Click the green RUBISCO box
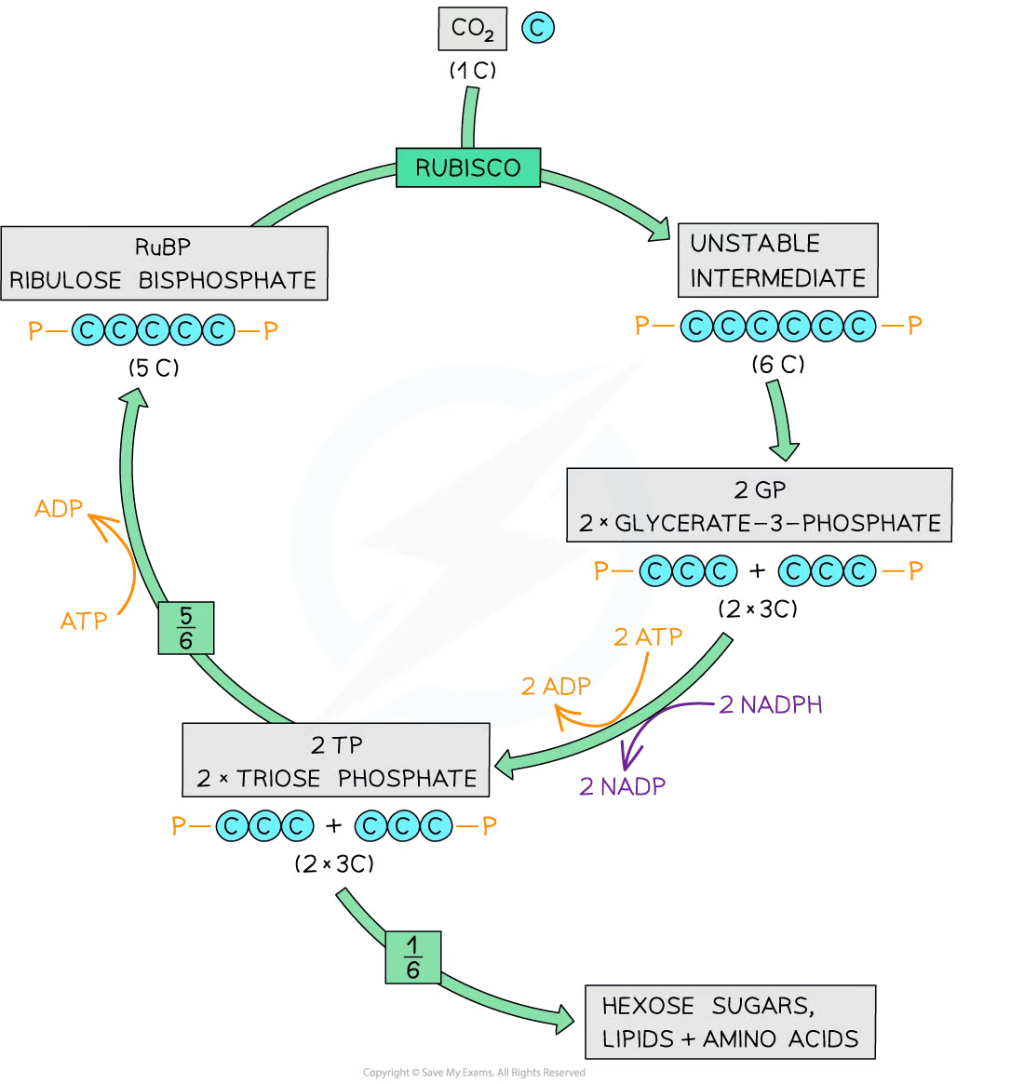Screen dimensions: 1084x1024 tap(468, 167)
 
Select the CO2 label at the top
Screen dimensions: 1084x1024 tap(472, 29)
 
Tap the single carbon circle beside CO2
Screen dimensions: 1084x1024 tap(537, 28)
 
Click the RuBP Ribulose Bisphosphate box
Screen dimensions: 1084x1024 tap(164, 263)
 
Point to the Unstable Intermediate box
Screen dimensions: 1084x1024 tap(777, 261)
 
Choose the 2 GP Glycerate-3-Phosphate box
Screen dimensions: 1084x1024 tap(759, 505)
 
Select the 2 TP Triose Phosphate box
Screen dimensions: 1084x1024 tap(336, 761)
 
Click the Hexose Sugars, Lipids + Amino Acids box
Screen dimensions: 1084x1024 tap(730, 1022)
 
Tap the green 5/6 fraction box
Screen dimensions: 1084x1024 tap(185, 628)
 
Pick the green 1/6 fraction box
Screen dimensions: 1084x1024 tap(412, 957)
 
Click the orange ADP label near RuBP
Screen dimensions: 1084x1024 tap(59, 509)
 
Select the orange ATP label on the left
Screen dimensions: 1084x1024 tap(84, 621)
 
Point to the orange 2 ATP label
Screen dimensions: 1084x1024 tap(648, 637)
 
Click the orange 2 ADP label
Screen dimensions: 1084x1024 tap(556, 687)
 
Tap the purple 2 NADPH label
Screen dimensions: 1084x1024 tap(771, 705)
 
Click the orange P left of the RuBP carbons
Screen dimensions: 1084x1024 tap(35, 330)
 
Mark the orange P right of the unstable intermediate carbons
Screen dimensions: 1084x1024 tap(915, 324)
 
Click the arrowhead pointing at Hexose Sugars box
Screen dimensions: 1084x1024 tap(563, 1020)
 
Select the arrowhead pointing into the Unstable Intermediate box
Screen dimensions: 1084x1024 tap(660, 230)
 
